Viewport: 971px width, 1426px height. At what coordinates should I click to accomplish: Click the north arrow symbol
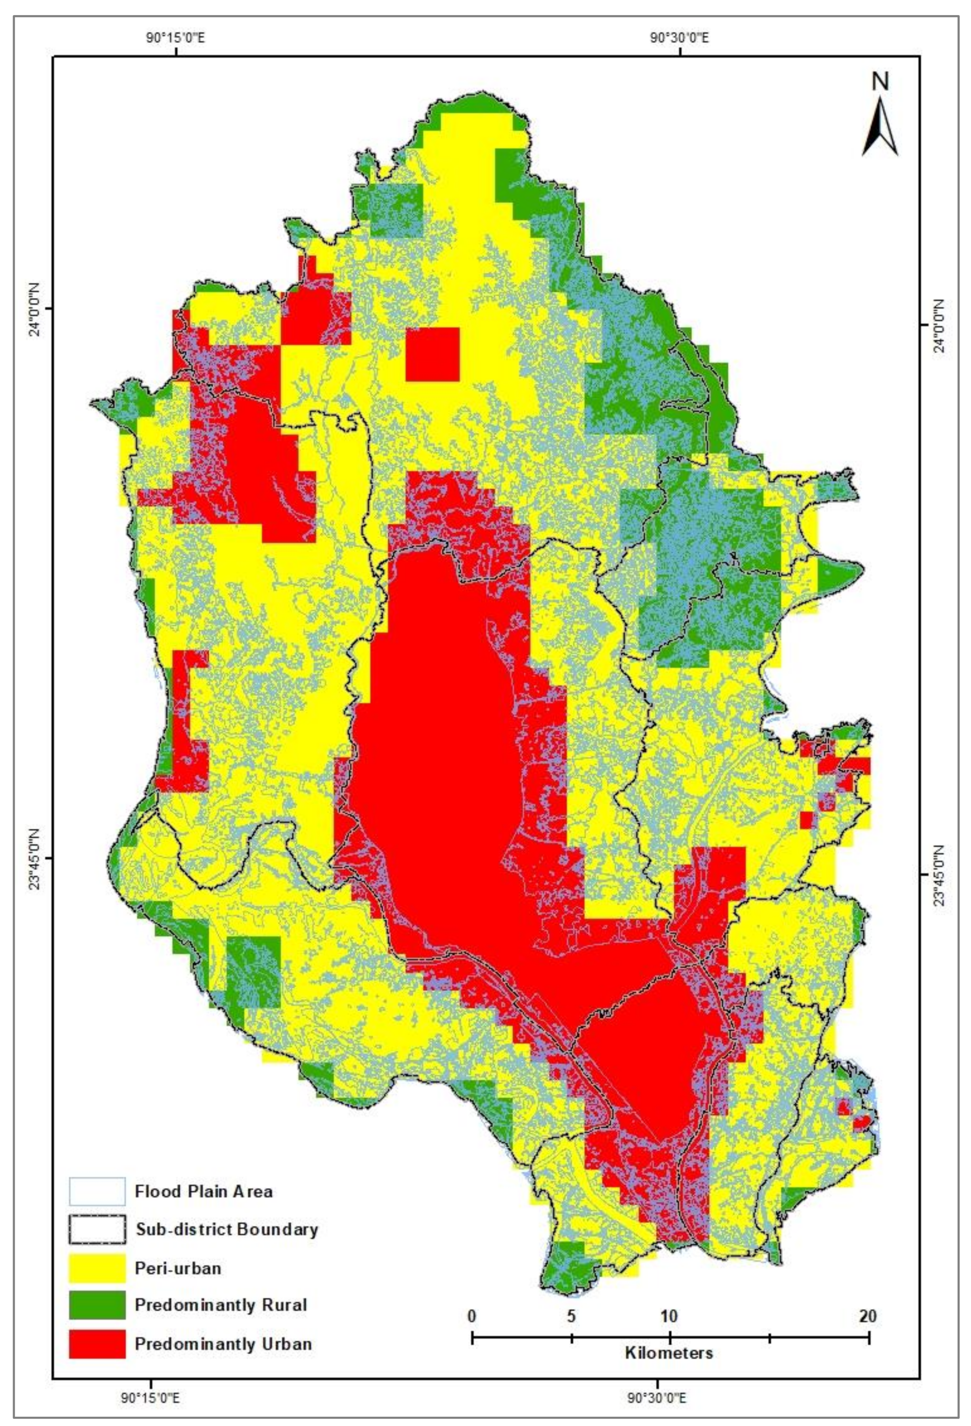pos(880,128)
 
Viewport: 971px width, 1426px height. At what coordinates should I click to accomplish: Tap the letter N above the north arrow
pos(881,82)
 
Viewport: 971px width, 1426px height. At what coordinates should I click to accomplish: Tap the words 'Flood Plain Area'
pos(203,1191)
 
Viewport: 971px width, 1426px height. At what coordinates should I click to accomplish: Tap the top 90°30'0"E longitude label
pos(680,37)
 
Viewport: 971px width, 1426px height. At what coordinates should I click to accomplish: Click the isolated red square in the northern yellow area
pos(433,354)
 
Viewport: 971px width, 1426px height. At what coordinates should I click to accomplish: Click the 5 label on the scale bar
pos(571,1315)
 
